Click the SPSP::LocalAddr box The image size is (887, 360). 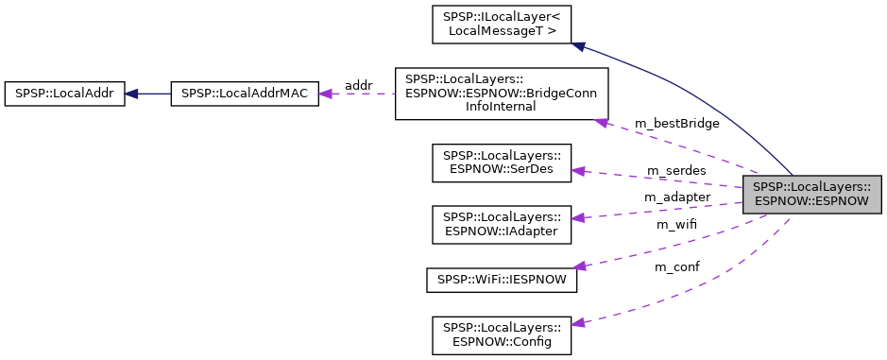64,94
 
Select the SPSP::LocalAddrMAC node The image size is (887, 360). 245,94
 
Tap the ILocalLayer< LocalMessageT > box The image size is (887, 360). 502,24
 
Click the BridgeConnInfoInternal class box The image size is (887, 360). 502,94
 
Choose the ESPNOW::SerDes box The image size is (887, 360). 502,163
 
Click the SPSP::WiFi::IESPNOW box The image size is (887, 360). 502,281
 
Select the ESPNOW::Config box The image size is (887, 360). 502,335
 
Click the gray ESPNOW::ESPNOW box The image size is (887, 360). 811,194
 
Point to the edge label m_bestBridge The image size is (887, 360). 676,124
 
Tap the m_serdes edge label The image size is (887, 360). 676,170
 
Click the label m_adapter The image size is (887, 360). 676,197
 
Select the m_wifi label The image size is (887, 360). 676,224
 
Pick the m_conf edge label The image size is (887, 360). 676,267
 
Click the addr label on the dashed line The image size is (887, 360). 358,86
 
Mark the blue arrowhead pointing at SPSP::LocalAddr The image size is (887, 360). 133,94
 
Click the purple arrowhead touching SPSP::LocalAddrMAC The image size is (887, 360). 327,94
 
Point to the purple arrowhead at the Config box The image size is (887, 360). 579,323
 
